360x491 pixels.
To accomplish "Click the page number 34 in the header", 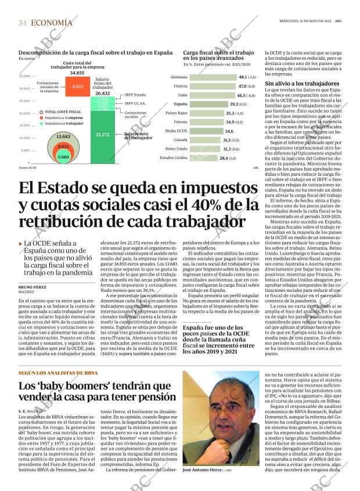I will click(x=23, y=23).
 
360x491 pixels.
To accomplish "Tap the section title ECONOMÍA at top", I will click(x=52, y=23).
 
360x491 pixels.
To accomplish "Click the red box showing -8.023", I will click(x=77, y=86).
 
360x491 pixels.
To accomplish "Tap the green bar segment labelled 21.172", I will click(x=103, y=135).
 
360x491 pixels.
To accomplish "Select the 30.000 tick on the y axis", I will click(x=24, y=88).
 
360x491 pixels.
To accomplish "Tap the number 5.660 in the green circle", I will click(x=63, y=157).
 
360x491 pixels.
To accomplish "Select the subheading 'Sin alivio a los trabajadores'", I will click(x=298, y=84).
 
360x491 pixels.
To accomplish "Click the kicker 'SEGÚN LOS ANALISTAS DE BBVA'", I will click(x=57, y=373).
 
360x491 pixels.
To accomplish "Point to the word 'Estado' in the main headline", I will click(x=79, y=189).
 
